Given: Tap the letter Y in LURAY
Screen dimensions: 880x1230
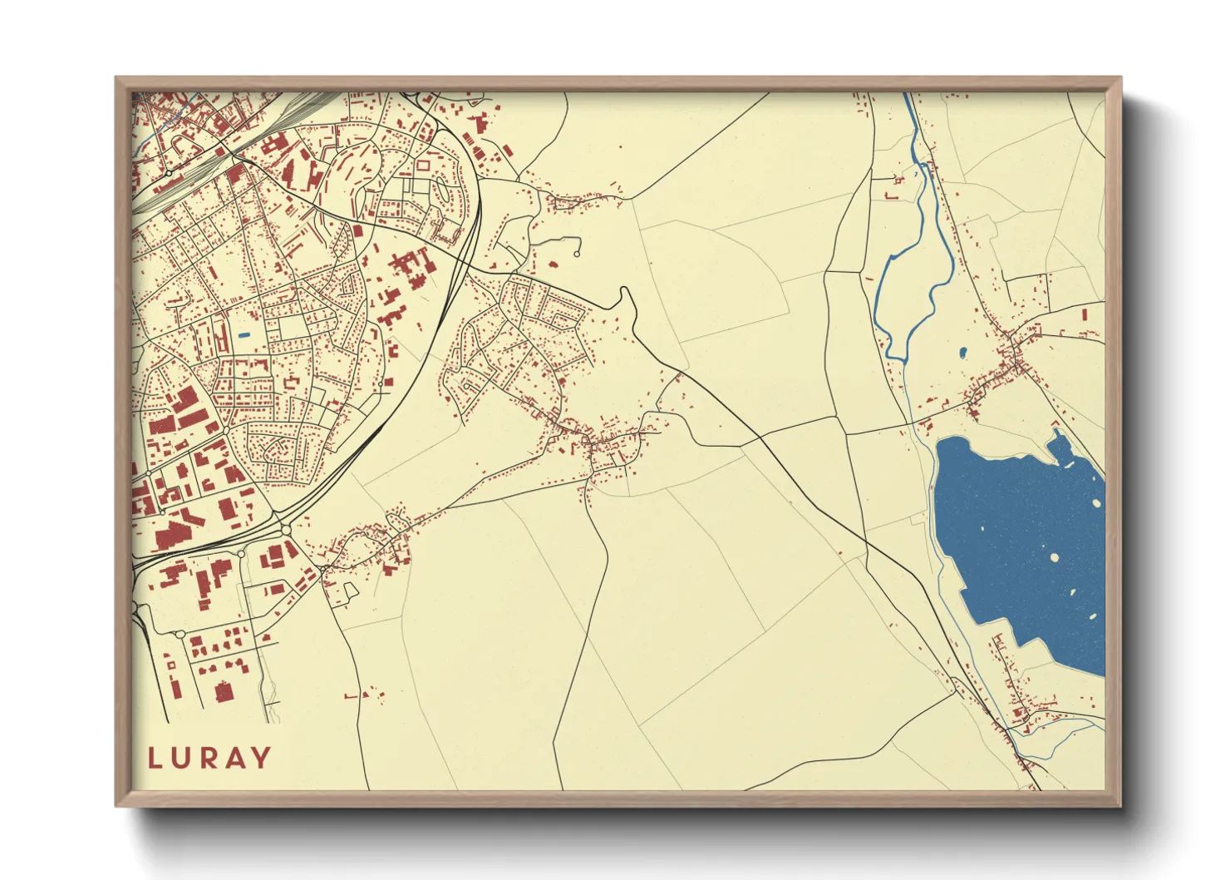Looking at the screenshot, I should pyautogui.click(x=260, y=758).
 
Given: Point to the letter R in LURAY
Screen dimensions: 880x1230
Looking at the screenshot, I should pyautogui.click(x=209, y=758).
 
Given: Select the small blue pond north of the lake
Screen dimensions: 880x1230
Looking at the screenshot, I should pyautogui.click(x=962, y=353).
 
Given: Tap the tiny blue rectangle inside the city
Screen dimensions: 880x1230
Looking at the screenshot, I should pyautogui.click(x=244, y=334).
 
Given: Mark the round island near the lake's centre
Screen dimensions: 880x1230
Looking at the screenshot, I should pyautogui.click(x=1055, y=558).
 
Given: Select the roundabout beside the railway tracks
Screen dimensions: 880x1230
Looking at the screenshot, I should pyautogui.click(x=169, y=173).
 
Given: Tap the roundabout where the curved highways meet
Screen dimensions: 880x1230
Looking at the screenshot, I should pyautogui.click(x=286, y=530).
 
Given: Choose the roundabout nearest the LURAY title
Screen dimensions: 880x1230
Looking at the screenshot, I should pyautogui.click(x=180, y=634).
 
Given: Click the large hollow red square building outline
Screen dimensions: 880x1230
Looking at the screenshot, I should pyautogui.click(x=423, y=166).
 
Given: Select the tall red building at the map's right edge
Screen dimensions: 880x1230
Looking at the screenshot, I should pyautogui.click(x=1085, y=317).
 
